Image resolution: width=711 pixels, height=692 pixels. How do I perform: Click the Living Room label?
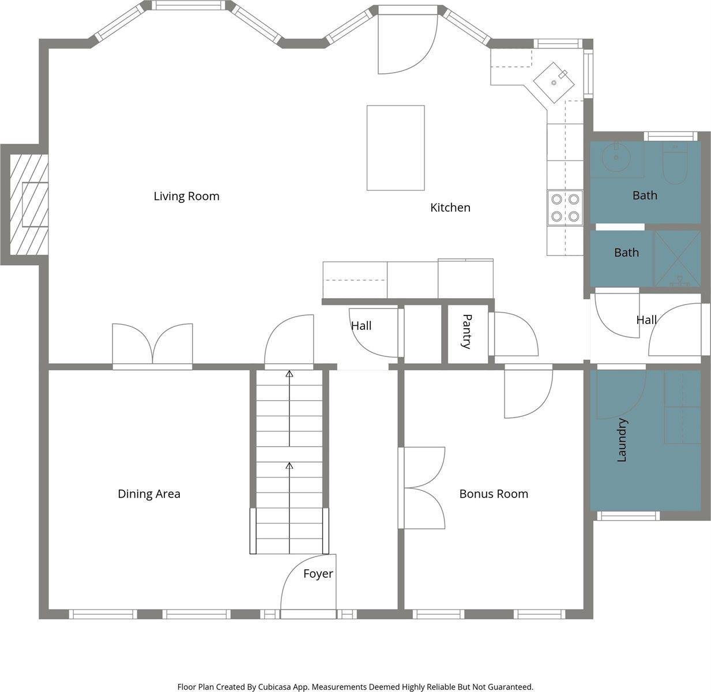[186, 196]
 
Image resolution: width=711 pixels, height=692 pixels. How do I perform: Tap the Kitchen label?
[450, 208]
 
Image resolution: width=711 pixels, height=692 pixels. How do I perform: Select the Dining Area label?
[149, 494]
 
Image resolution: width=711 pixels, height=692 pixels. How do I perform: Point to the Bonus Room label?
[494, 494]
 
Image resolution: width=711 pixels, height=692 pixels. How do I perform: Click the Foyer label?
[318, 574]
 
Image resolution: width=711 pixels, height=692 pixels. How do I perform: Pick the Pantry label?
[467, 332]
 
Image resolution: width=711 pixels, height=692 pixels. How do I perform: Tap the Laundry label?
[622, 440]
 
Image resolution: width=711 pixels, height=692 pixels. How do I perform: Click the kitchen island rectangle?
[396, 148]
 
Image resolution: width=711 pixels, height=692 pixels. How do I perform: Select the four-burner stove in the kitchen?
[565, 208]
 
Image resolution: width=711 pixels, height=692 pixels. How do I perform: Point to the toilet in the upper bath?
[676, 163]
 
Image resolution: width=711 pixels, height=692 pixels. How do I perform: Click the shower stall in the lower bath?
[677, 258]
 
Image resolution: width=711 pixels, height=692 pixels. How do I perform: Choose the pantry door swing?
[513, 334]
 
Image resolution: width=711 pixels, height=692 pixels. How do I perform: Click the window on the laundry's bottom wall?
[627, 516]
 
